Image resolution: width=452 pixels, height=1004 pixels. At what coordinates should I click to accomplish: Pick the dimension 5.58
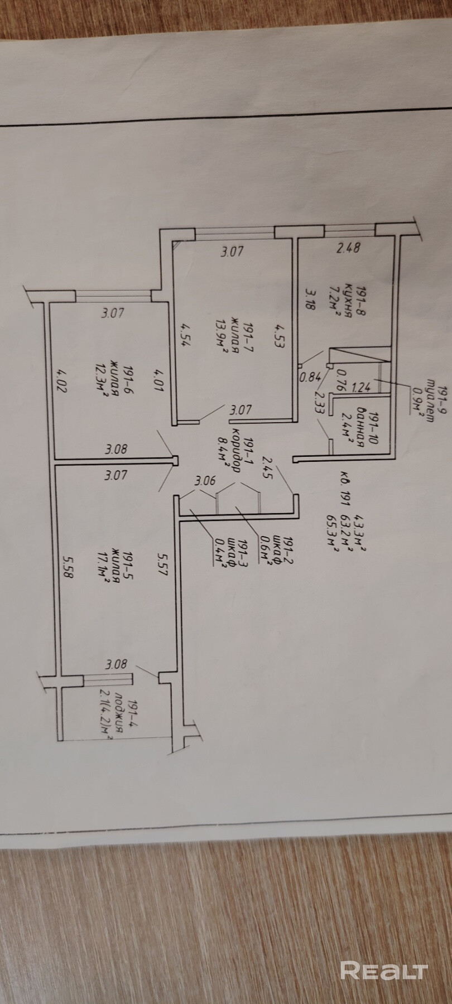[x=68, y=567]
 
